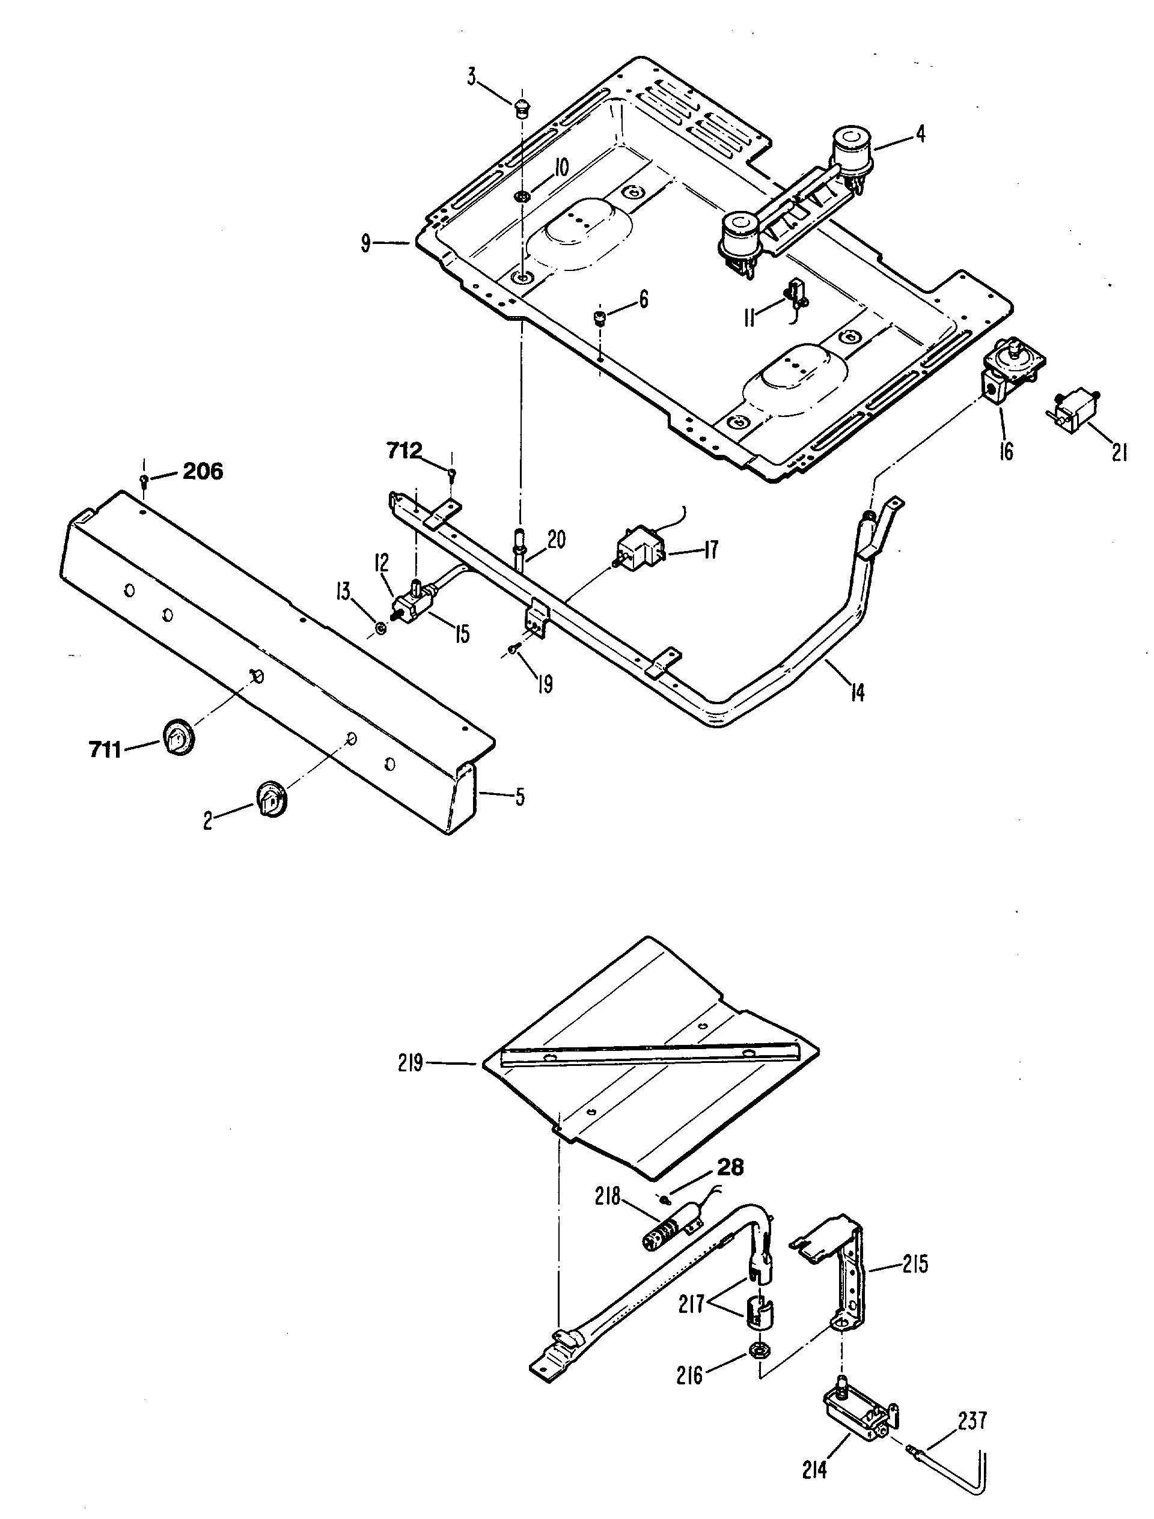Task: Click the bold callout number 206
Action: (x=202, y=472)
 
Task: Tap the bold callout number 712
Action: (x=404, y=451)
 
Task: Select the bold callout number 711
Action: (x=105, y=749)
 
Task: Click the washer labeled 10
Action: (x=521, y=197)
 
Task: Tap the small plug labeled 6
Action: (x=600, y=318)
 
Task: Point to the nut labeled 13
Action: (x=379, y=627)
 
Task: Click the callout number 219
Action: (x=411, y=1063)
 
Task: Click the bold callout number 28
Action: (x=730, y=1167)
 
